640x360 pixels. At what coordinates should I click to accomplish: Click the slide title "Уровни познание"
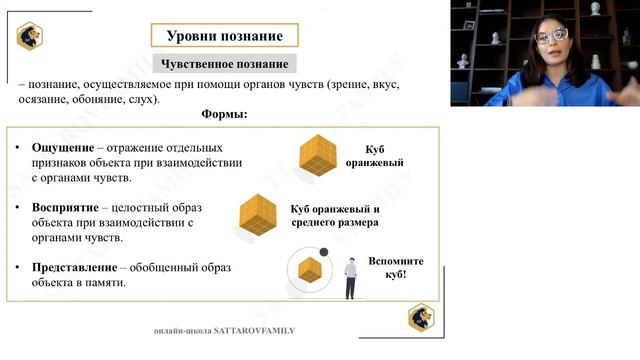click(224, 36)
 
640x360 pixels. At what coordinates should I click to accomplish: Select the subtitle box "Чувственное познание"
click(224, 64)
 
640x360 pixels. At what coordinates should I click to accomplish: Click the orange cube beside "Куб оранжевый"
click(322, 155)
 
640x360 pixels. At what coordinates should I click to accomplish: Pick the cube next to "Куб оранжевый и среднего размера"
click(258, 215)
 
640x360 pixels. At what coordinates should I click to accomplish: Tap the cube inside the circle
click(310, 270)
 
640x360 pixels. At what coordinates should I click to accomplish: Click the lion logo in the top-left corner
click(30, 36)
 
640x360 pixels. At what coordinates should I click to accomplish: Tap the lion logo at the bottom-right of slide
click(421, 317)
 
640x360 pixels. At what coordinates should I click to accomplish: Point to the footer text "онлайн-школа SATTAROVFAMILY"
click(225, 330)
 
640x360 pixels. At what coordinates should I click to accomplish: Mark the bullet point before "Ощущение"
click(19, 149)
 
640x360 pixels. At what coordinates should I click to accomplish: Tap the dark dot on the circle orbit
click(324, 252)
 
